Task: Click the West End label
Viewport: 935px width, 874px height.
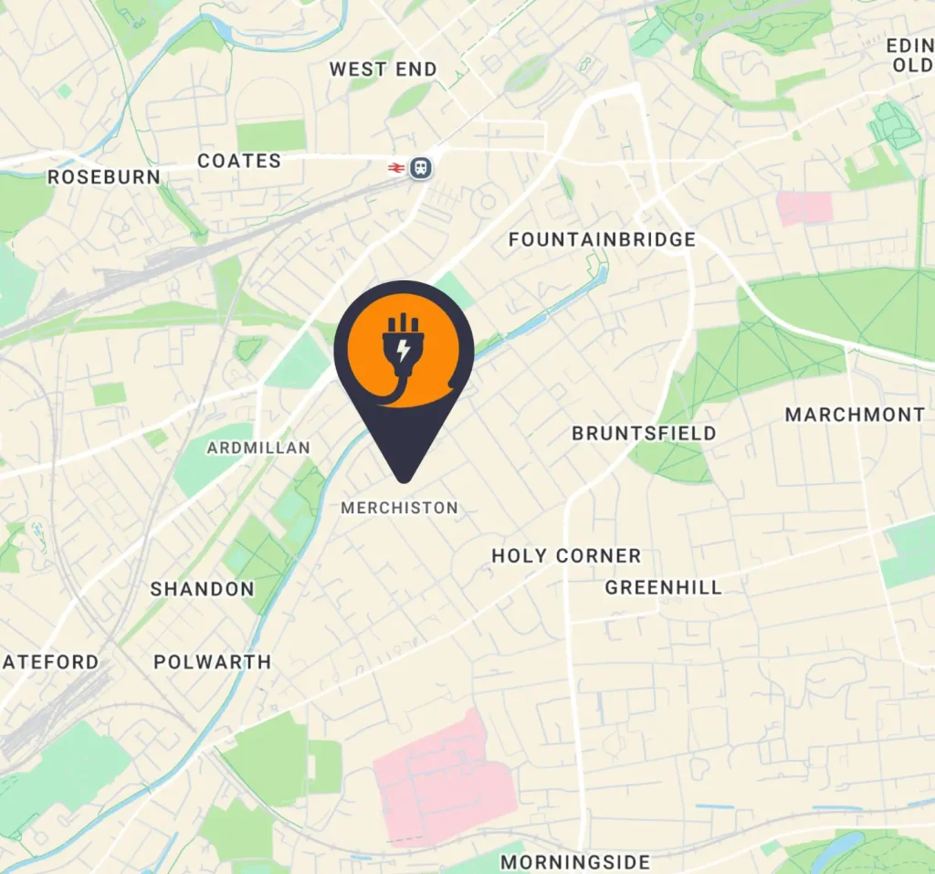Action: click(383, 69)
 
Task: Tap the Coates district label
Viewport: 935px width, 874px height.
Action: click(239, 162)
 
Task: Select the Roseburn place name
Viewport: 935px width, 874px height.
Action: click(103, 177)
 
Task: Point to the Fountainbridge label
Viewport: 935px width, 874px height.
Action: click(602, 240)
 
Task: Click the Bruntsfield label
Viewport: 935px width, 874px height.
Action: click(644, 434)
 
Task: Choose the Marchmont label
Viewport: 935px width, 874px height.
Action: click(855, 416)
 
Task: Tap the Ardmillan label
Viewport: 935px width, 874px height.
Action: click(258, 448)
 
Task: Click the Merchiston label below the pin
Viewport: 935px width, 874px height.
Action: click(399, 508)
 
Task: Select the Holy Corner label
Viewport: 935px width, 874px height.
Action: click(566, 556)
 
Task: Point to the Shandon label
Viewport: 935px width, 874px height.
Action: click(202, 589)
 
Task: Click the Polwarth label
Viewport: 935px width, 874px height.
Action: click(212, 662)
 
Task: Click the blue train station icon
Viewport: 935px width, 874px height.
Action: click(420, 167)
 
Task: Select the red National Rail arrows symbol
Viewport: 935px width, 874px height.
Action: click(396, 167)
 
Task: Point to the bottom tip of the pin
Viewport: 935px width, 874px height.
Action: click(403, 479)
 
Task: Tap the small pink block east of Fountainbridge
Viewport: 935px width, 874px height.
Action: click(804, 208)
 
